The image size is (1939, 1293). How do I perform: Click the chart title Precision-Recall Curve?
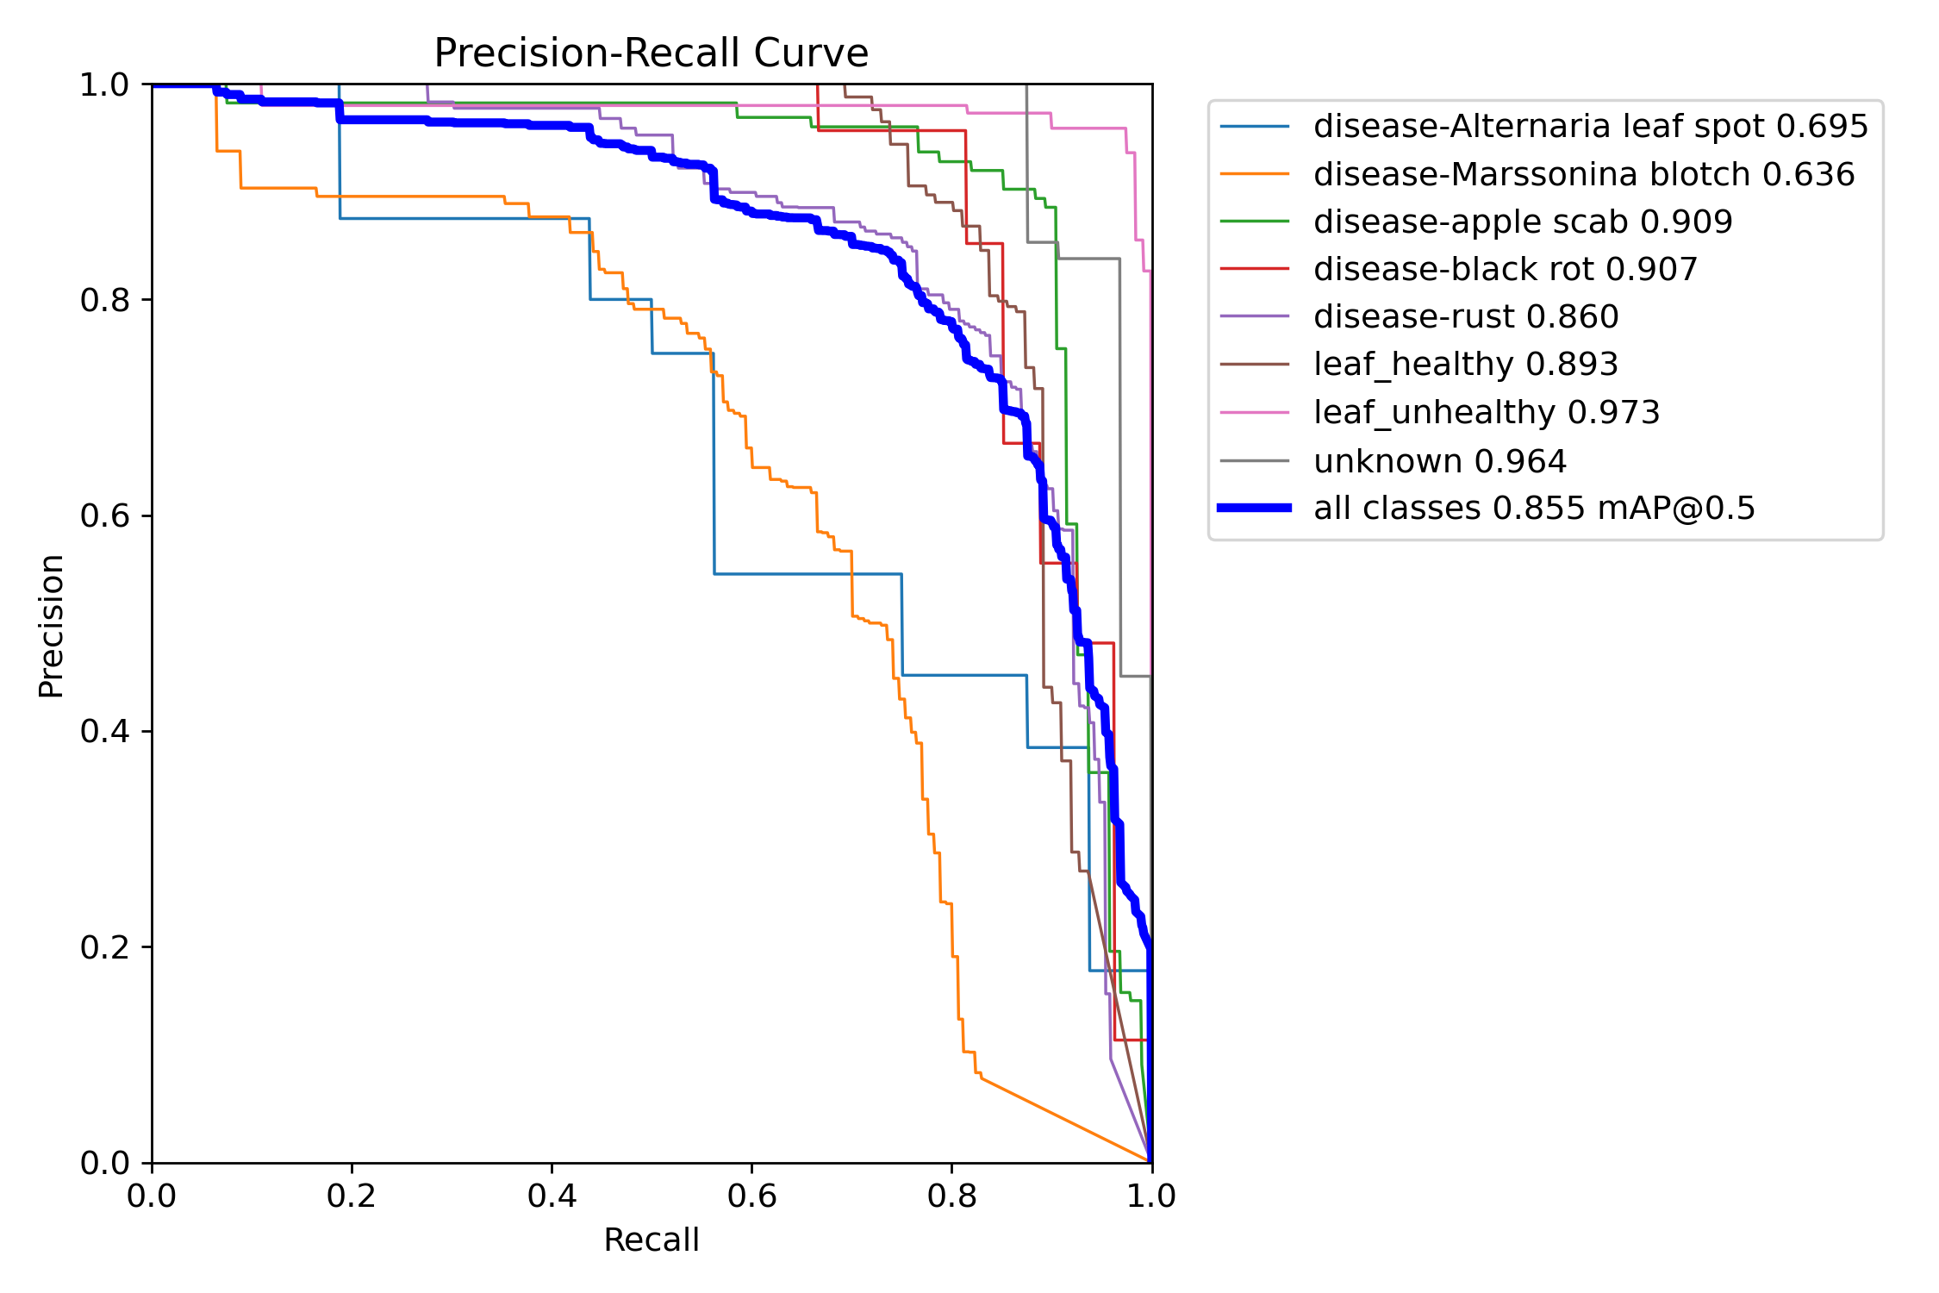pos(651,53)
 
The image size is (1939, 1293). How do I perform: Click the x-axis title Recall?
pos(651,1240)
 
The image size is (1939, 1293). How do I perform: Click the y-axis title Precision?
pos(51,626)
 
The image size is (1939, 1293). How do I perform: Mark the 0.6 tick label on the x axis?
pos(751,1196)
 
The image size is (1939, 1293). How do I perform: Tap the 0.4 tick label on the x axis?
pos(552,1196)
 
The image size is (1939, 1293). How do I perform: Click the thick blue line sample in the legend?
pos(1254,509)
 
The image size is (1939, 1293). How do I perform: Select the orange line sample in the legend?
pos(1254,174)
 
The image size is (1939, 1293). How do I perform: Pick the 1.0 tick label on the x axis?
pos(1151,1196)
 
